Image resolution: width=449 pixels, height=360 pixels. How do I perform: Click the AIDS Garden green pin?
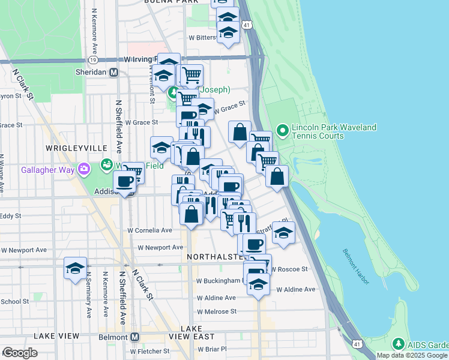[x=397, y=344]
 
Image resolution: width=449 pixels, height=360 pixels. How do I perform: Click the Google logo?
[x=20, y=353]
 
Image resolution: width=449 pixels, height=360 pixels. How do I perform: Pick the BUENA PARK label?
[x=172, y=2]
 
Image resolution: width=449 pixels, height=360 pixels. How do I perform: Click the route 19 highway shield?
[x=92, y=60]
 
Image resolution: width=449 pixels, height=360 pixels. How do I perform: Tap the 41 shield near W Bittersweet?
[x=247, y=25]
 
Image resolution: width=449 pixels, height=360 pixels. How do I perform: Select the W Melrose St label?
[x=217, y=311]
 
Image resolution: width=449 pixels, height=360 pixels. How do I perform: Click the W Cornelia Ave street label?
[x=149, y=230]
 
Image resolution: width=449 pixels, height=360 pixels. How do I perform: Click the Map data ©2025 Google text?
[x=412, y=355]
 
